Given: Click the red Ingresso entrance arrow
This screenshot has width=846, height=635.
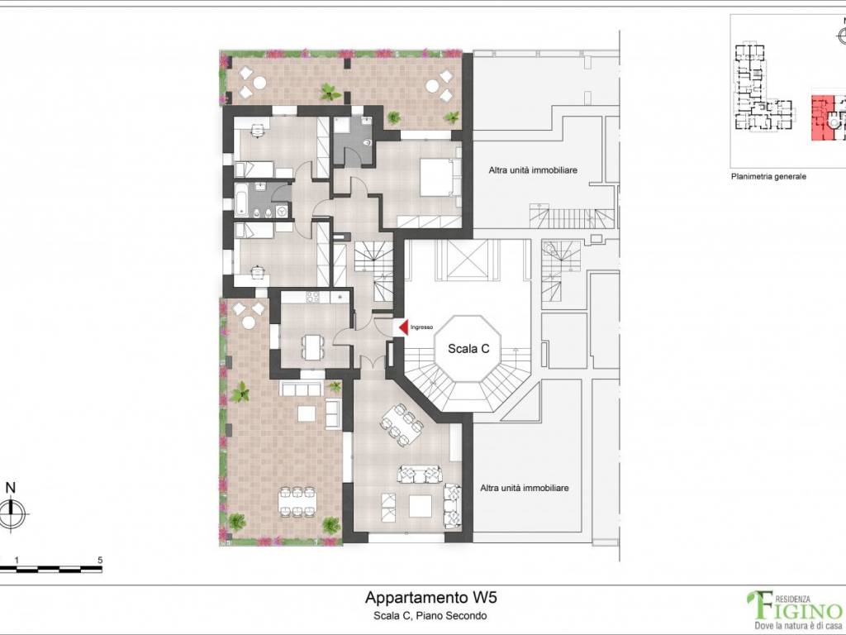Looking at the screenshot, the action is (403, 327).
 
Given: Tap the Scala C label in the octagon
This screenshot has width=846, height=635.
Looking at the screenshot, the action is (468, 349).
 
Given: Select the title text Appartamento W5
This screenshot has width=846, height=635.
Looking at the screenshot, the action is (430, 598).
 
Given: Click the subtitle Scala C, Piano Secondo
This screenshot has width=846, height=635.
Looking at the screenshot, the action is (430, 615).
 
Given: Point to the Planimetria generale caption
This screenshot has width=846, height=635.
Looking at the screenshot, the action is (768, 176).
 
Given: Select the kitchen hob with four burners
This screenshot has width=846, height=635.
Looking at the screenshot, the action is (313, 297).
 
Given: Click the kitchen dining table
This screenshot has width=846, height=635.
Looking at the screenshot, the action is (313, 347).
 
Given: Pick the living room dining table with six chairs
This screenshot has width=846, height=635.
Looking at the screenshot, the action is (402, 425).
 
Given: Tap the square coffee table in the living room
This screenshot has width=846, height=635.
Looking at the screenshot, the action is (421, 506).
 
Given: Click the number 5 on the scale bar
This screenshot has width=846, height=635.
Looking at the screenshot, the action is (100, 561).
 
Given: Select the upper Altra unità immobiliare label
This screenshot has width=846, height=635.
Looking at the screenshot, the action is (533, 170).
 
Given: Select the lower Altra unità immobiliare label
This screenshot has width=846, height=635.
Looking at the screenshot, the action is (525, 488).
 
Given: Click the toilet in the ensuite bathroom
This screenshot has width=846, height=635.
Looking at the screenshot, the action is (368, 142).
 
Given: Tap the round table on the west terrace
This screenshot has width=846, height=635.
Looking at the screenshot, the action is (248, 323).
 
